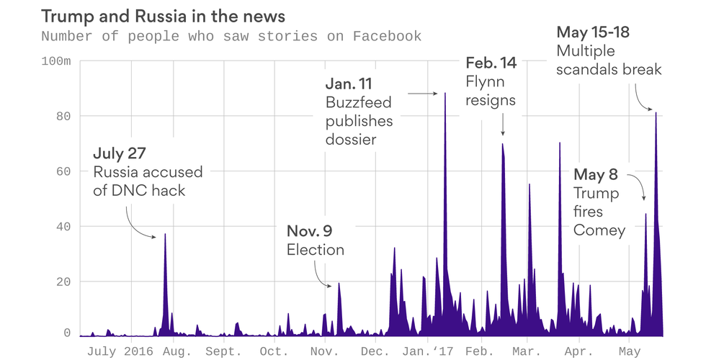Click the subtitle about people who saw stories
[x=231, y=36]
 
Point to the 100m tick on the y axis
[x=55, y=61]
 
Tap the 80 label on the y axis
[x=64, y=116]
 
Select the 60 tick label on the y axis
[x=64, y=171]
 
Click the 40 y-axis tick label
[x=64, y=226]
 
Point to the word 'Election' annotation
[x=316, y=250]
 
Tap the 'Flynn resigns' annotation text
[x=491, y=90]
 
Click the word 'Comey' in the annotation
[x=599, y=230]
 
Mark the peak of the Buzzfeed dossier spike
[x=445, y=94]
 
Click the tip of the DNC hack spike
[x=165, y=235]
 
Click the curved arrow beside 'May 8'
[x=638, y=186]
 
